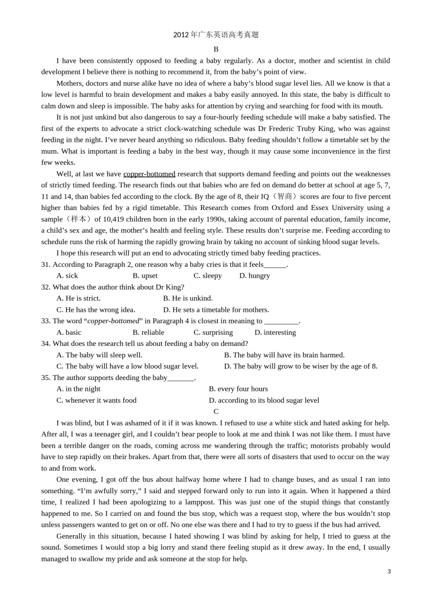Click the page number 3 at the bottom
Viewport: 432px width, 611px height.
(x=389, y=571)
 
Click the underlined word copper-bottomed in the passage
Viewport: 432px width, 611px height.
(x=149, y=174)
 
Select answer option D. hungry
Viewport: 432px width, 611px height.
(x=255, y=275)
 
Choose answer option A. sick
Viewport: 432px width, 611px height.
(x=67, y=275)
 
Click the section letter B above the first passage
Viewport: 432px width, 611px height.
(x=216, y=49)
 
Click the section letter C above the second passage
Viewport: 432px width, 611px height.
(x=216, y=411)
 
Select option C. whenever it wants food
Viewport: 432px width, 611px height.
(x=96, y=400)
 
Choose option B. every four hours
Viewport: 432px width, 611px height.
(x=238, y=389)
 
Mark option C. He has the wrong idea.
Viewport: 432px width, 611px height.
(x=96, y=310)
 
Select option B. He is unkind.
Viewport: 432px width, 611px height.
(x=188, y=298)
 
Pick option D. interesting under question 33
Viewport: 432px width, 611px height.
(x=275, y=332)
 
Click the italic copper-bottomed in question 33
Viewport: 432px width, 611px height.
(x=113, y=321)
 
